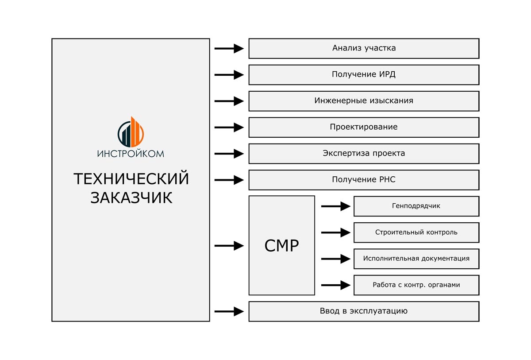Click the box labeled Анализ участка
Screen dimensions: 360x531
364,48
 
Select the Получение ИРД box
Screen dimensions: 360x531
364,75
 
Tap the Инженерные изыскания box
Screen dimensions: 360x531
364,101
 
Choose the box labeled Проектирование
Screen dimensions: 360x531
364,127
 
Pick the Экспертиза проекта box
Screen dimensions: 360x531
364,154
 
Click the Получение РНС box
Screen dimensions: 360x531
364,180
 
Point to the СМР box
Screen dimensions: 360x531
282,245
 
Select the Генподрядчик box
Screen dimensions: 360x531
416,206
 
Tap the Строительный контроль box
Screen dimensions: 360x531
416,232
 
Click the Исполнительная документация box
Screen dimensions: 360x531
416,259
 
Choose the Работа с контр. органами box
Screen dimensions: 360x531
416,285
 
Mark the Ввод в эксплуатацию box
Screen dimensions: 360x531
364,311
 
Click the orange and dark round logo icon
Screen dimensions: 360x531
131,132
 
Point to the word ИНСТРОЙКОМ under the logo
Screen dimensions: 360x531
131,154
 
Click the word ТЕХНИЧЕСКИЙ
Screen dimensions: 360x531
131,179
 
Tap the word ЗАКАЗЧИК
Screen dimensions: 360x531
131,198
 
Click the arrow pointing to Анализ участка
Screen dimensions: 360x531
229,48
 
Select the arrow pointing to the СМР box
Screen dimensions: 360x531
229,246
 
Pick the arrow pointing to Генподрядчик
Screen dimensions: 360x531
336,206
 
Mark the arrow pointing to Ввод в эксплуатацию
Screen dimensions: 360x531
229,311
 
